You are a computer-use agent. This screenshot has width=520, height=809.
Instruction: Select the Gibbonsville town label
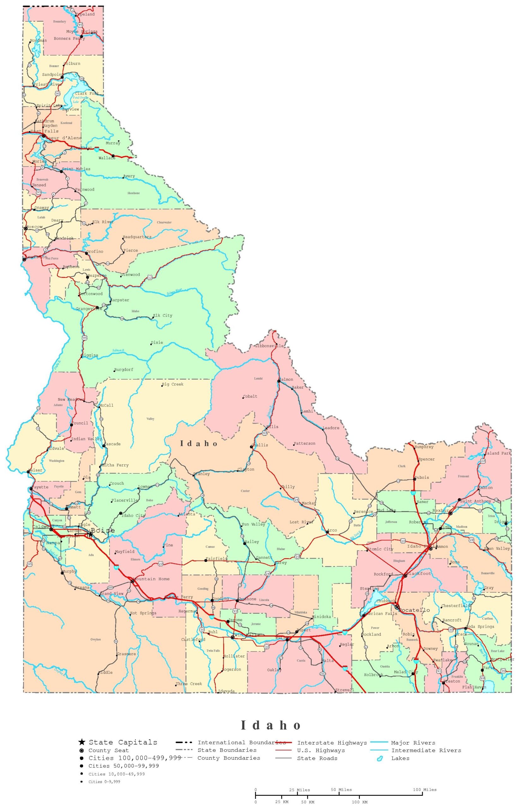click(269, 346)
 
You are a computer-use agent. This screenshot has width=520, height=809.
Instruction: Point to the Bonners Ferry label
click(69, 39)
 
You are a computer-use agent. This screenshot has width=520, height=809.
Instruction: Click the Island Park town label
click(498, 453)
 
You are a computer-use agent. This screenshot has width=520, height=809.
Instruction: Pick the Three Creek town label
click(188, 684)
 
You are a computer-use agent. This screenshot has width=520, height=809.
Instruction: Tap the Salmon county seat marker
click(278, 381)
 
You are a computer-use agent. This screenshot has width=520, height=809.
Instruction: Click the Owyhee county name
click(96, 639)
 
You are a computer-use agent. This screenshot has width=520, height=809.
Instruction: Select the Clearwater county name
click(164, 222)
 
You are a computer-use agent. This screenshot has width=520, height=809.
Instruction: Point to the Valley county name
click(150, 419)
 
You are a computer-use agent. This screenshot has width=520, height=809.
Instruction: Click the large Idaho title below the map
click(271, 725)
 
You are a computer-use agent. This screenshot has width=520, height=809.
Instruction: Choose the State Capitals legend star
click(82, 742)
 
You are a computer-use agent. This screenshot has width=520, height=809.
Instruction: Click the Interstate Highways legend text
click(332, 743)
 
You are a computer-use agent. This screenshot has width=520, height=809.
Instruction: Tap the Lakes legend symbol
click(380, 759)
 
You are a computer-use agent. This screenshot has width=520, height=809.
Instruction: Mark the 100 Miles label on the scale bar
click(425, 790)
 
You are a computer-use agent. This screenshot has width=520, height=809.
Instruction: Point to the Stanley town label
click(201, 474)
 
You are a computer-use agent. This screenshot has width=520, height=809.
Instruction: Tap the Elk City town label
click(162, 315)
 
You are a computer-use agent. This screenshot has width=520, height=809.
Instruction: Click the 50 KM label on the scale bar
click(308, 802)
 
